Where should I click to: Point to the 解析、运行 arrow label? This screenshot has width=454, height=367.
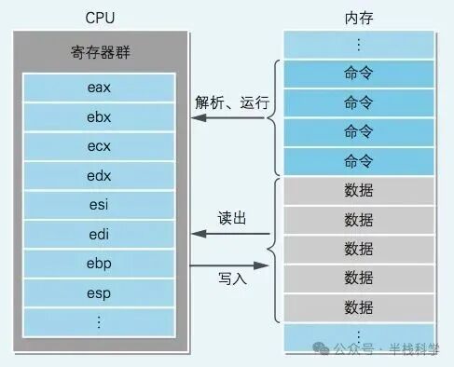click(232, 102)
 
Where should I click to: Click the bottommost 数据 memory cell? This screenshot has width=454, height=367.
click(359, 306)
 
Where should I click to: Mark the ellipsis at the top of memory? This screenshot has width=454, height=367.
click(359, 44)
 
